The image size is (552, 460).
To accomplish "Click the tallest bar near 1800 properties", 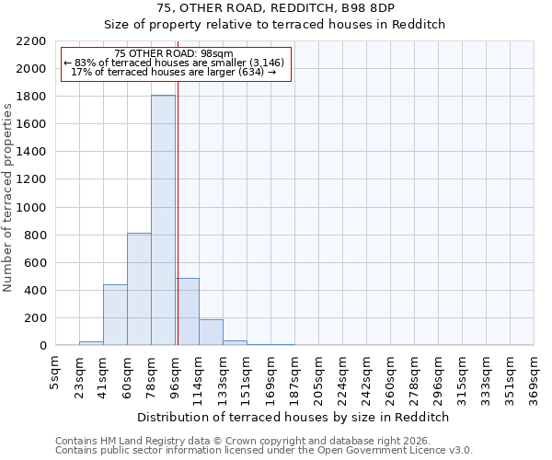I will (163, 221).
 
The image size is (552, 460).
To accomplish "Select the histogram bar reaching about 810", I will (139, 289).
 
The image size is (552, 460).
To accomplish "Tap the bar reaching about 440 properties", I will (115, 315).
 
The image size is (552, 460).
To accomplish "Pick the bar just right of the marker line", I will (187, 311).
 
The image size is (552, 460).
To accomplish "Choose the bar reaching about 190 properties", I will (211, 332).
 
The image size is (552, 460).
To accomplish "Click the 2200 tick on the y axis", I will (30, 41).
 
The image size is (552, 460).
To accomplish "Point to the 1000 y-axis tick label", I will (30, 208).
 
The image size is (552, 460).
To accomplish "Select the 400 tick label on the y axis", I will (34, 291).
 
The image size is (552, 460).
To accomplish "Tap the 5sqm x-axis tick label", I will (56, 371).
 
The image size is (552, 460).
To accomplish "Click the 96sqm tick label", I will (176, 374).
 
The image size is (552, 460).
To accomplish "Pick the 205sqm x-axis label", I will (319, 375).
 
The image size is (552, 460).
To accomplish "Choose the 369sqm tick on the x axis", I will (535, 375).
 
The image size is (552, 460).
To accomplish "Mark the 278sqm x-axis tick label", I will (415, 375).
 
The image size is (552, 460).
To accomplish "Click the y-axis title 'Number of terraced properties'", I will (8, 198).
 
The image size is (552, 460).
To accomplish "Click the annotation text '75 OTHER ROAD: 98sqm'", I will (175, 54).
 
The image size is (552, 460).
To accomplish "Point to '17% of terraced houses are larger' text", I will (174, 72).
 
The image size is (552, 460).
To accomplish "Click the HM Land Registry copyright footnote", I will (262, 441).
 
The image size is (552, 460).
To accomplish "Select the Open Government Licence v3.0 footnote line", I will (264, 451).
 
